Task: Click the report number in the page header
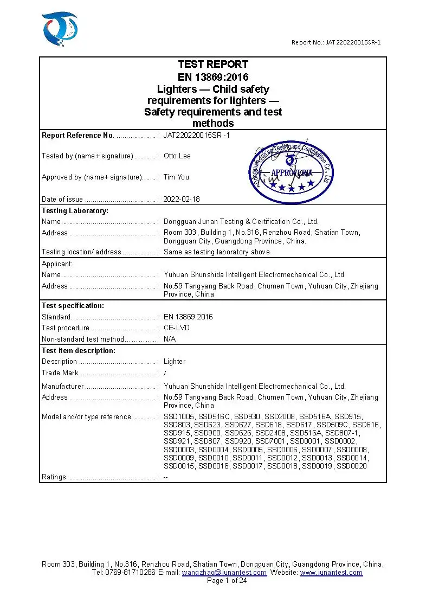335,42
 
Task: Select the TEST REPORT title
213,64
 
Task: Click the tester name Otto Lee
177,156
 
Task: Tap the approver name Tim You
177,177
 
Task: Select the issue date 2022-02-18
182,199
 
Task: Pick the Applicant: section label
57,264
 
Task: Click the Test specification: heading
73,306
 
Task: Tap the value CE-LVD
177,328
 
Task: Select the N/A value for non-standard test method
170,339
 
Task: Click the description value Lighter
175,362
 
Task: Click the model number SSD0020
351,466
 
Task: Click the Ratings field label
54,477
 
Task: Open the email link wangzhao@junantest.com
224,573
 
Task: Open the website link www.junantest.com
331,573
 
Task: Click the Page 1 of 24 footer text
227,581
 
